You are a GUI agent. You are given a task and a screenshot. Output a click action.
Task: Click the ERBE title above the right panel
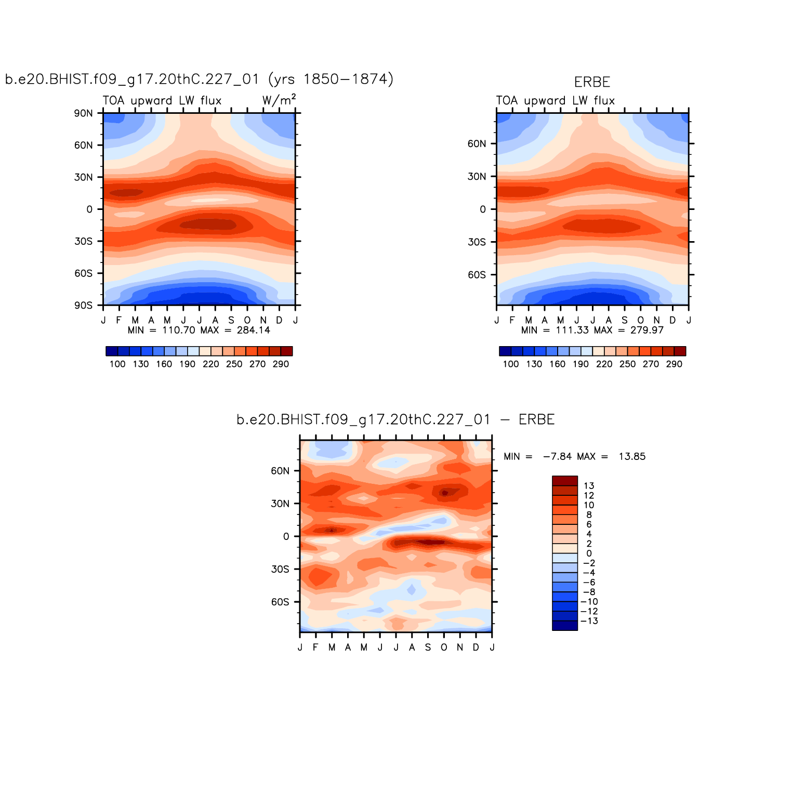coord(592,82)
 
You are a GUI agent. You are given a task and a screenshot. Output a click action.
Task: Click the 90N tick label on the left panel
coord(83,113)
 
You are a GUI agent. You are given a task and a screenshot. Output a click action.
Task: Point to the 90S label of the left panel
coord(83,306)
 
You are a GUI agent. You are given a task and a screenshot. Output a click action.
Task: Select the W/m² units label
coord(279,100)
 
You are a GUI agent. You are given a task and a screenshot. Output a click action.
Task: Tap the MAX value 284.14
coord(254,330)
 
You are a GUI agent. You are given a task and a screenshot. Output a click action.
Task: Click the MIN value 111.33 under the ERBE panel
coord(573,330)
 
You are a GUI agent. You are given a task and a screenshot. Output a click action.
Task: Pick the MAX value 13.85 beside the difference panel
coord(632,456)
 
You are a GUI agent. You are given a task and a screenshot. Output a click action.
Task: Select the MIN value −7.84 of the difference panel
coord(557,456)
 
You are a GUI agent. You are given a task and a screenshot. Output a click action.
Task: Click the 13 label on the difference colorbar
coord(589,486)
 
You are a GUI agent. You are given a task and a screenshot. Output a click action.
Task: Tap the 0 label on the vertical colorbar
coord(589,553)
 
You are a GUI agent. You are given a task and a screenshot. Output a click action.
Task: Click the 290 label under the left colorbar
coord(281,364)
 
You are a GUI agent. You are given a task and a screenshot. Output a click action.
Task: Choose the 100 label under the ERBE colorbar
coord(511,364)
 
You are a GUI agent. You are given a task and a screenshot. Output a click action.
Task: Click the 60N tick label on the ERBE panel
coord(477,144)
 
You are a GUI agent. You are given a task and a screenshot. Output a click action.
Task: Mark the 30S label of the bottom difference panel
coord(280,569)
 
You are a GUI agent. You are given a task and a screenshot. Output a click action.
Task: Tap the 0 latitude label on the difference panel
coord(286,536)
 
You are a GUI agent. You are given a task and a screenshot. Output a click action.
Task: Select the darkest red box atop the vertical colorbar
coord(565,481)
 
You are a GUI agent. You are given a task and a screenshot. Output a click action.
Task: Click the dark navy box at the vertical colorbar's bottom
coord(565,626)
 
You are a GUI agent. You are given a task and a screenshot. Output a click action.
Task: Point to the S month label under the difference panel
coord(428,648)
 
